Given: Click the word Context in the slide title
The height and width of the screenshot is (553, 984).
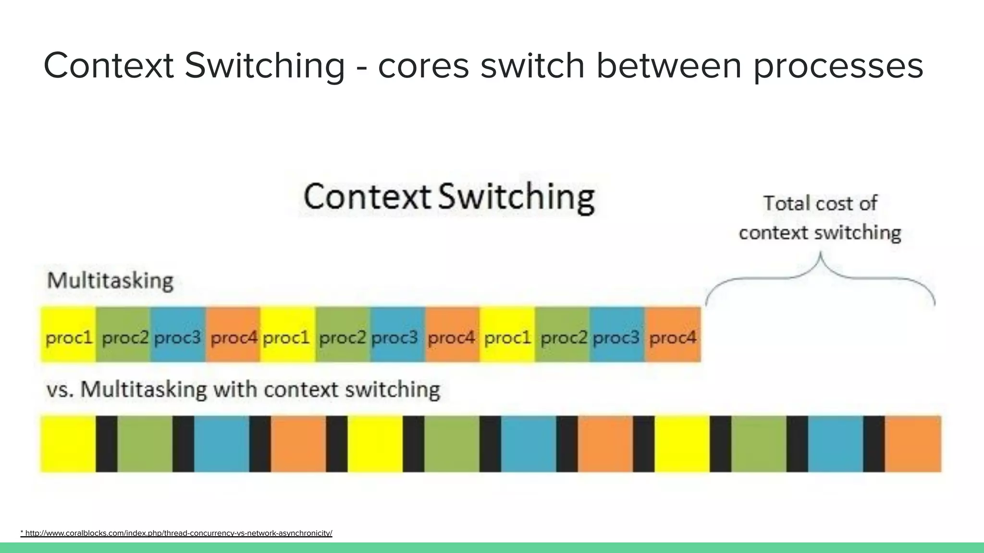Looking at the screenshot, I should tap(109, 66).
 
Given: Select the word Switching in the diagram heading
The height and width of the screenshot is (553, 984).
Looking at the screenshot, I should tap(516, 197).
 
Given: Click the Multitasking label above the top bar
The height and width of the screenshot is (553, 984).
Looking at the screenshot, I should tap(110, 280).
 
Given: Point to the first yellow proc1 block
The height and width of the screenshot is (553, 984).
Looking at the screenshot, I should tap(68, 335).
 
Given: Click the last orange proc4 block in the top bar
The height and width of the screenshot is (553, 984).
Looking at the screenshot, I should tap(673, 335).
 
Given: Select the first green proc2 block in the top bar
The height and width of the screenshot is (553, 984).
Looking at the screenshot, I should tap(124, 335).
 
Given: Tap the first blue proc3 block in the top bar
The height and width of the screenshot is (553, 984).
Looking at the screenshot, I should tap(178, 335).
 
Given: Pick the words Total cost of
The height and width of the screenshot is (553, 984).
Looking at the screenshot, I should tap(820, 204).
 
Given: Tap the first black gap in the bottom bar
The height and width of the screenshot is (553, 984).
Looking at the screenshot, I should tap(106, 444).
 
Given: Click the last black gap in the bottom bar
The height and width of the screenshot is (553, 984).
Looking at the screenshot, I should tap(873, 444).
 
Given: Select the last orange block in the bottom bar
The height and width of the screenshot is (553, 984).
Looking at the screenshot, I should tap(913, 444).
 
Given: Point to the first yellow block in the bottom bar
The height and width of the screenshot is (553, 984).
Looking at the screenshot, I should tap(68, 444).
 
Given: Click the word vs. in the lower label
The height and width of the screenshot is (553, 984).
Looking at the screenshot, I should tap(60, 390).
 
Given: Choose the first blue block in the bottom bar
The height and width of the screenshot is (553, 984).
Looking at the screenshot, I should tap(221, 444).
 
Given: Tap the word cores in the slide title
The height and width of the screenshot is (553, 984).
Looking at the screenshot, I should tap(423, 66).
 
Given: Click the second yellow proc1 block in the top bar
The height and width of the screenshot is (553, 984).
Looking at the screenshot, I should tap(287, 335).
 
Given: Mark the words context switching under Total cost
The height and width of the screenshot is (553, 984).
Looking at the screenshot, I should tap(820, 233).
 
